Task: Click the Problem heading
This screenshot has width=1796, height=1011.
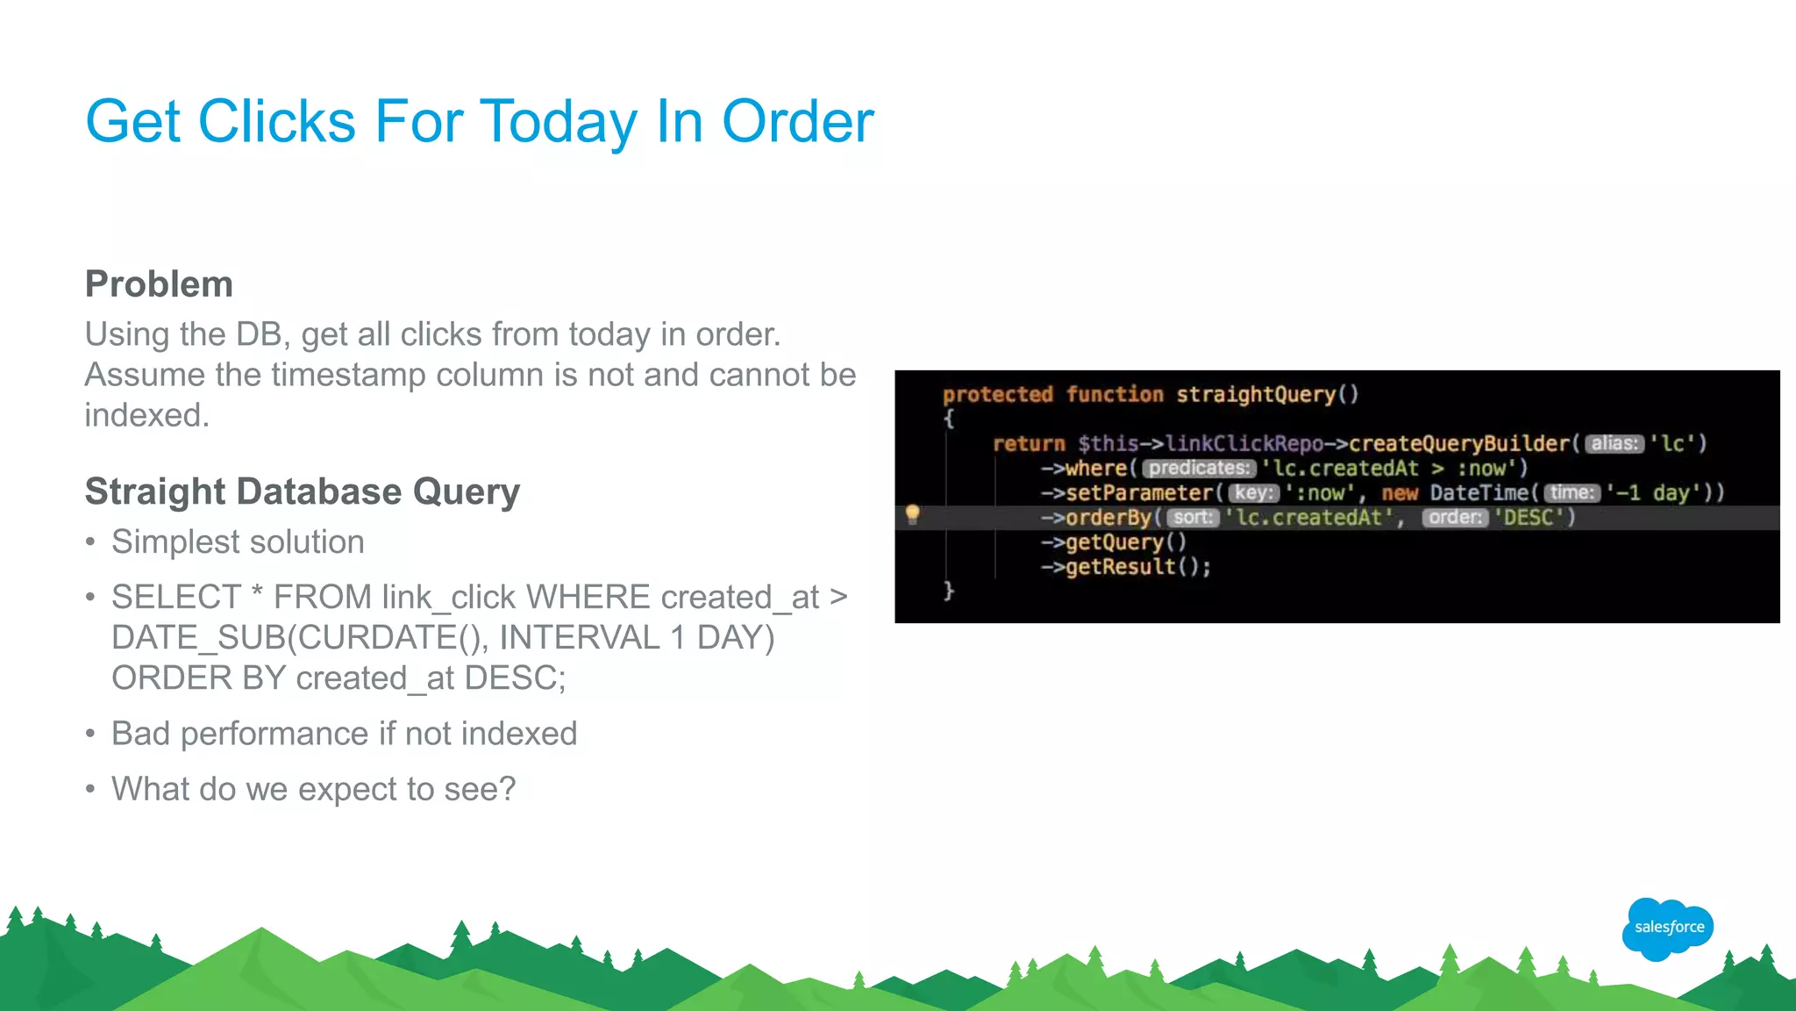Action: point(159,284)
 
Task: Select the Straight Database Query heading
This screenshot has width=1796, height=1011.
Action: point(302,491)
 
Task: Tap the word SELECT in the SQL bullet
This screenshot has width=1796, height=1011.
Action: point(175,598)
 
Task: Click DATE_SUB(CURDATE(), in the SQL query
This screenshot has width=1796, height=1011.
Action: point(300,638)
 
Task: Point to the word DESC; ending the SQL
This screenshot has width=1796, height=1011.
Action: point(515,678)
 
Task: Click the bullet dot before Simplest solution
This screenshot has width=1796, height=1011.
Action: point(90,542)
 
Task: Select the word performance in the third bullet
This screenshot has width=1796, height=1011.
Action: point(274,734)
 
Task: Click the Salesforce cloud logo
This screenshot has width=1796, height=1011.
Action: point(1667,928)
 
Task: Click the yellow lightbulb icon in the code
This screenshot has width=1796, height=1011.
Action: point(912,514)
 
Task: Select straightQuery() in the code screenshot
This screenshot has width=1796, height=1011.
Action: point(1266,395)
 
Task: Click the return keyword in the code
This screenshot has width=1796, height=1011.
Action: point(1028,444)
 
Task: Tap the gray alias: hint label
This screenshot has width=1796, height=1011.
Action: point(1614,444)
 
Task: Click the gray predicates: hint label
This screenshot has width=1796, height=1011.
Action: point(1199,469)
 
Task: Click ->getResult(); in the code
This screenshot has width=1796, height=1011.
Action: point(1126,567)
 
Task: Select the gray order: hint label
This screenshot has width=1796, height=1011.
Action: point(1454,518)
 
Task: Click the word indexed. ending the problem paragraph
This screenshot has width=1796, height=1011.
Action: point(146,415)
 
